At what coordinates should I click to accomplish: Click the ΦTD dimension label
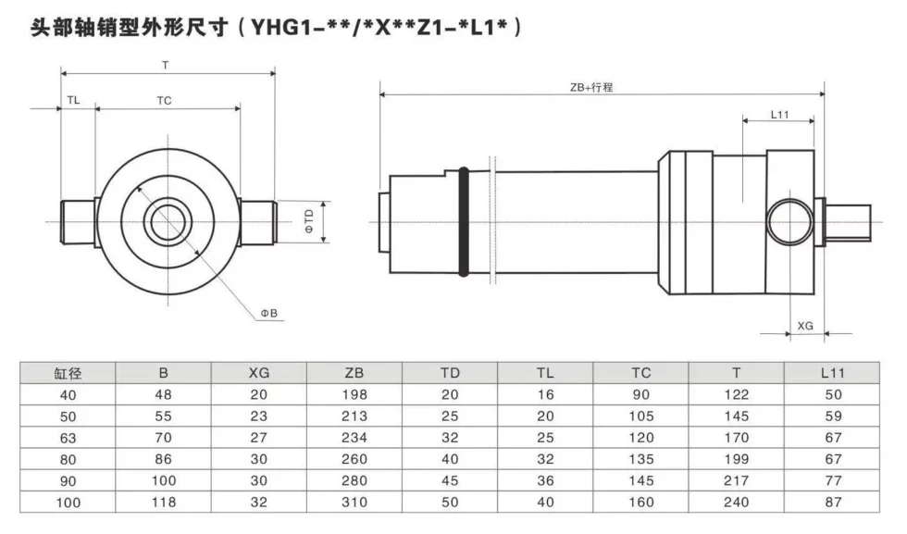pyautogui.click(x=309, y=221)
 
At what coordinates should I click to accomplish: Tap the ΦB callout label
pyautogui.click(x=269, y=313)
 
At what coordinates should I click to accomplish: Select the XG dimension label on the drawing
pyautogui.click(x=805, y=326)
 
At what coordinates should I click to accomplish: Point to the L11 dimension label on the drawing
pyautogui.click(x=779, y=115)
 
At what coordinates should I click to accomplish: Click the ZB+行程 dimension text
pyautogui.click(x=591, y=87)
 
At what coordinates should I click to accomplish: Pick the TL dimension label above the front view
pyautogui.click(x=73, y=100)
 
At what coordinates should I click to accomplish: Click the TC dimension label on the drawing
pyautogui.click(x=165, y=101)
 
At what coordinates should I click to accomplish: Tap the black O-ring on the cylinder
pyautogui.click(x=463, y=221)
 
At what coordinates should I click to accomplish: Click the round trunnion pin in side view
pyautogui.click(x=790, y=221)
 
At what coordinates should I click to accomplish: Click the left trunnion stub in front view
pyautogui.click(x=78, y=222)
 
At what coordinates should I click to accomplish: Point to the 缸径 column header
pyautogui.click(x=68, y=373)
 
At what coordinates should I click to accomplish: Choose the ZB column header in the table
pyautogui.click(x=354, y=373)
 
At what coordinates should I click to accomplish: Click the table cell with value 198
pyautogui.click(x=354, y=394)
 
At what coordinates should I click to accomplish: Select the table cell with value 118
pyautogui.click(x=163, y=503)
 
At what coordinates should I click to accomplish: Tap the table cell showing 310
pyautogui.click(x=354, y=503)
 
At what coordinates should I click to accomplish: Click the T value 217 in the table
pyautogui.click(x=737, y=480)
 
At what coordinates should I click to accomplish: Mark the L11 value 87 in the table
pyautogui.click(x=833, y=503)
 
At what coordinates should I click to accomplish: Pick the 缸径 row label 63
pyautogui.click(x=68, y=438)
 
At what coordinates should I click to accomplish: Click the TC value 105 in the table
pyautogui.click(x=640, y=416)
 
